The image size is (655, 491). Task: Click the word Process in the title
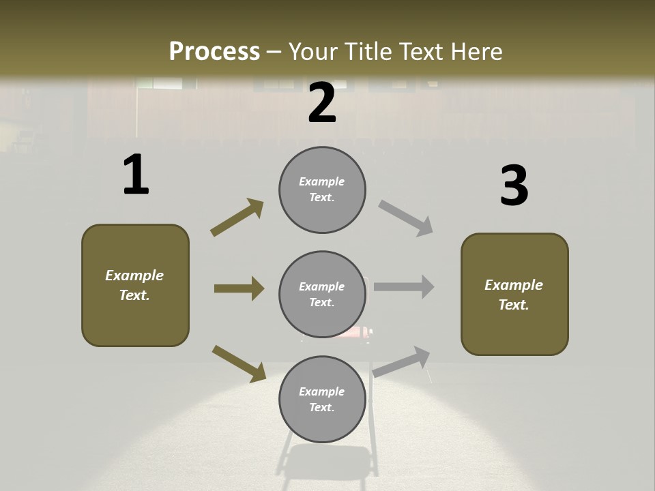click(214, 51)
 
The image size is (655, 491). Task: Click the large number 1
click(136, 175)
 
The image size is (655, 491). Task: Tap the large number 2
click(322, 103)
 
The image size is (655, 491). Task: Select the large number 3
click(514, 186)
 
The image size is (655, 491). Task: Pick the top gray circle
click(322, 190)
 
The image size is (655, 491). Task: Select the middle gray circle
click(322, 295)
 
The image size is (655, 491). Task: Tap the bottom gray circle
click(322, 400)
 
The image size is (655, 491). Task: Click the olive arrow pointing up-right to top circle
click(237, 218)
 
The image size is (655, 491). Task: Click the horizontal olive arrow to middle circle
click(239, 288)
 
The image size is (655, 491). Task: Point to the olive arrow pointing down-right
click(239, 363)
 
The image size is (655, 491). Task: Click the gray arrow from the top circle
click(406, 218)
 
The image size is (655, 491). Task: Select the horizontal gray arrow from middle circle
click(404, 287)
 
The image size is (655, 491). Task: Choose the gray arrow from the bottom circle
click(402, 361)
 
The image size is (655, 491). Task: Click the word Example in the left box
click(134, 276)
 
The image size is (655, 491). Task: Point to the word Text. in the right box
click(514, 305)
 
